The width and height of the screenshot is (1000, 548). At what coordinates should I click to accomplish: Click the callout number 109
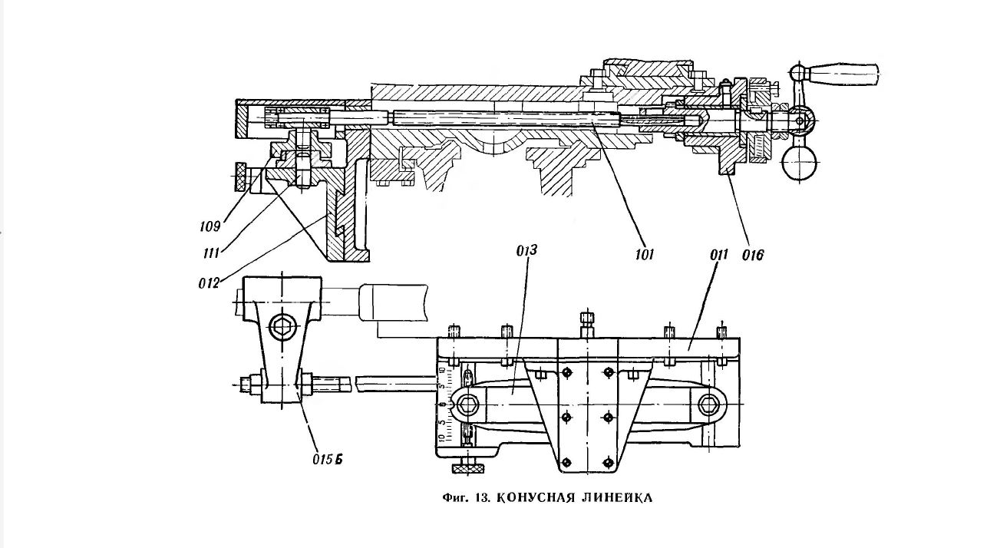[210, 226]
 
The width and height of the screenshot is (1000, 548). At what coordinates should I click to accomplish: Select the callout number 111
[211, 254]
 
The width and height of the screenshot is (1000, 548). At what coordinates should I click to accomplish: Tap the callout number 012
[210, 283]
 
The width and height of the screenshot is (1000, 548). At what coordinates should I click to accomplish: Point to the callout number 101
[645, 255]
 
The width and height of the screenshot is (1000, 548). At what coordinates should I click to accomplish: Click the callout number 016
[753, 255]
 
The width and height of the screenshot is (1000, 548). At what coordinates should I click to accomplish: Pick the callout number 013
[526, 250]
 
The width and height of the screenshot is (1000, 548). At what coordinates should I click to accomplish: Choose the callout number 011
[719, 255]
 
